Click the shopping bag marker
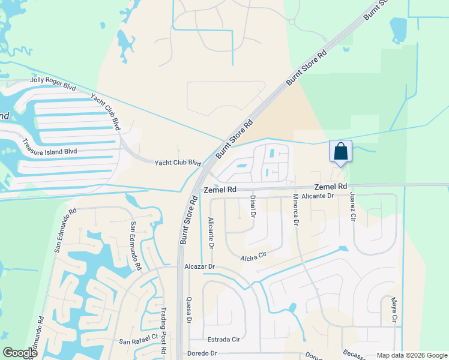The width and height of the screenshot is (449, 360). pos(340,152)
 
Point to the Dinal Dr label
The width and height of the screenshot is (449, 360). pos(253,207)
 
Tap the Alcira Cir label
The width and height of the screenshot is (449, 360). pos(252,255)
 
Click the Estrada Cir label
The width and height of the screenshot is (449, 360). pos(223,339)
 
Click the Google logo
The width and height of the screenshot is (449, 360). pos(20,353)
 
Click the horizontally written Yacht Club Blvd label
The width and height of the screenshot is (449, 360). pos(177,163)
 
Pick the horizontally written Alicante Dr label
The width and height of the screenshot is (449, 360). pos(317,196)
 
